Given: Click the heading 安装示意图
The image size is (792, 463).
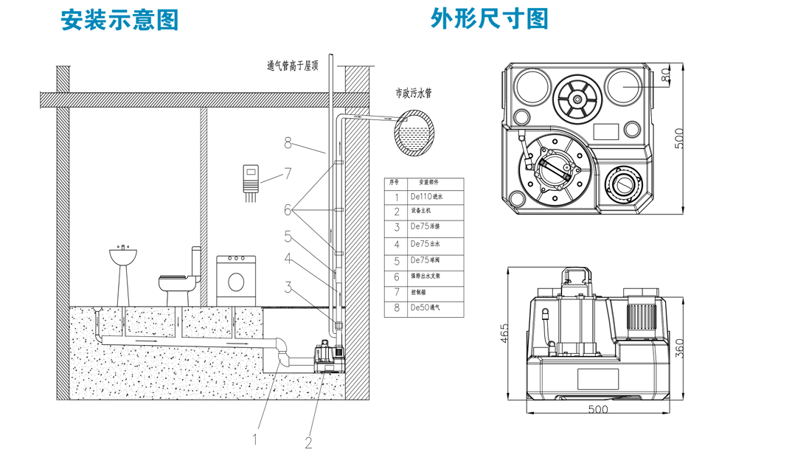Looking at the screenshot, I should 119,20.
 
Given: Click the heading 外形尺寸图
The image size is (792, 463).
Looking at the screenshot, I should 490,18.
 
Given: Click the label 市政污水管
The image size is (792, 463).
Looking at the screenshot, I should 413,94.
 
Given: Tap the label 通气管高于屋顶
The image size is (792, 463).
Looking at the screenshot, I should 293,66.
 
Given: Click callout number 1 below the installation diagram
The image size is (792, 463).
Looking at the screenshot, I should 255,439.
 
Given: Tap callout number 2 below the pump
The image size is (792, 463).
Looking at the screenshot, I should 308,442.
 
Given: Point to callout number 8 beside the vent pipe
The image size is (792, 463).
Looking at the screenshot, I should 288,144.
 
